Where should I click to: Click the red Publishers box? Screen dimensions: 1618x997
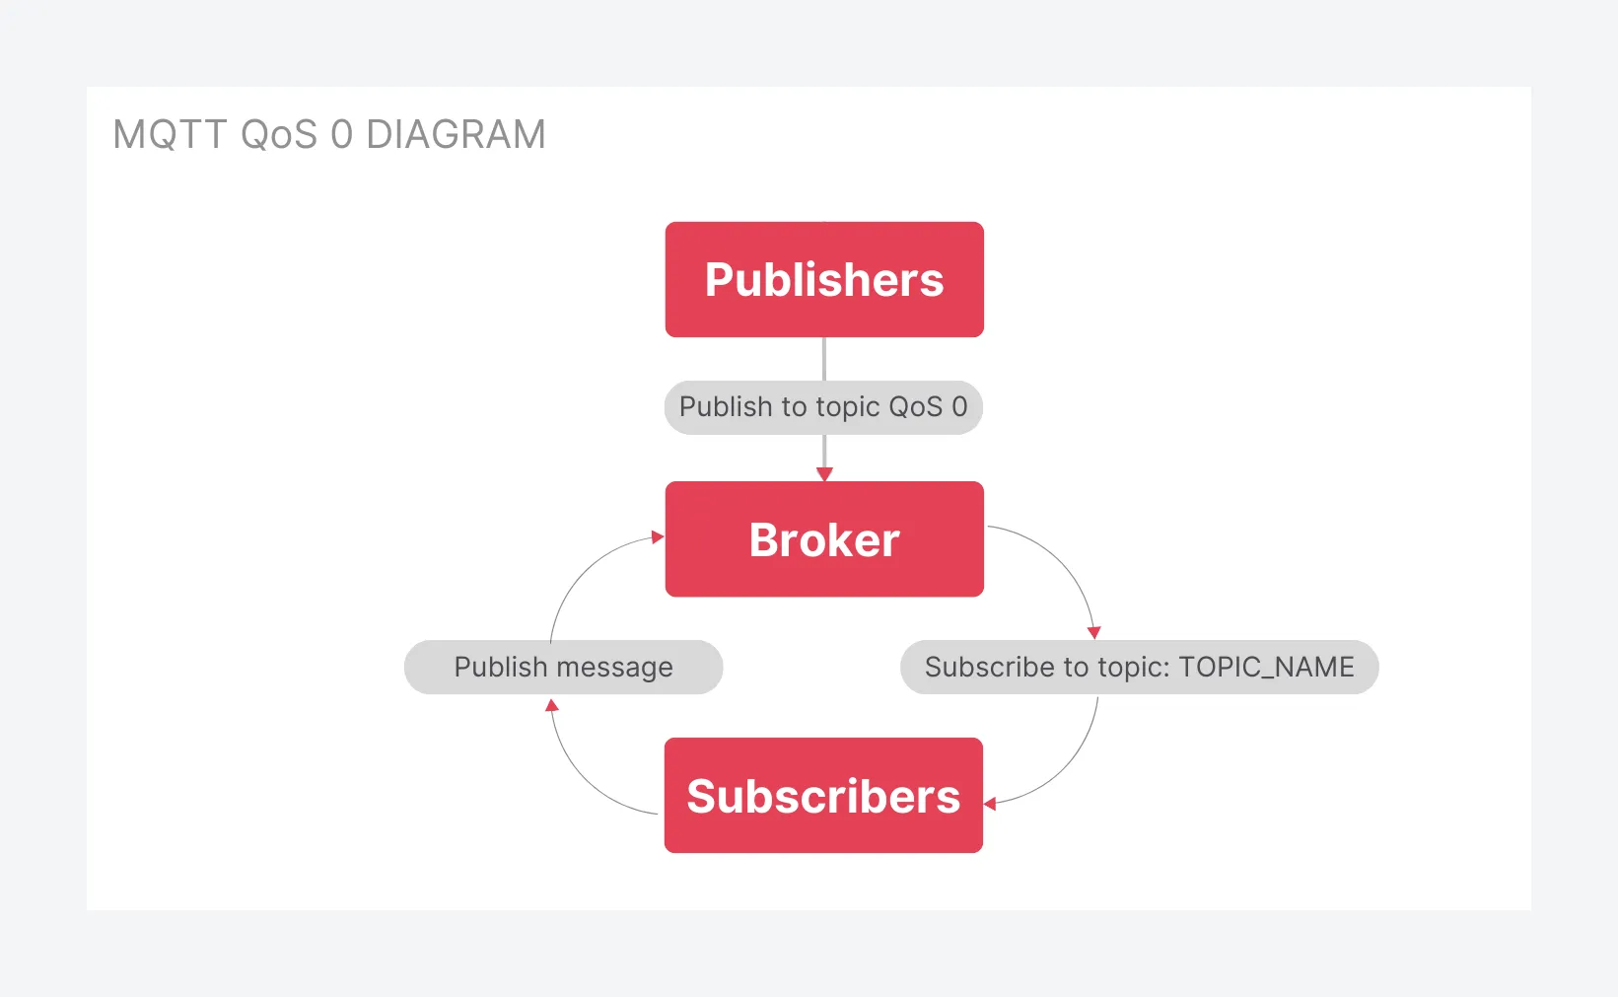tap(824, 280)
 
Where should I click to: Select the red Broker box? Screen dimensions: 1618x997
tap(824, 539)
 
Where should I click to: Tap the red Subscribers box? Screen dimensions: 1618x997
tap(823, 796)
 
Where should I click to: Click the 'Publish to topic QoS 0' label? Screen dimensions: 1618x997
tap(823, 407)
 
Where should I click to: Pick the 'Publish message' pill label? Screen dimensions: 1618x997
tap(563, 667)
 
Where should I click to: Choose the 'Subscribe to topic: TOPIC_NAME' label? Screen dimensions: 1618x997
tap(1139, 667)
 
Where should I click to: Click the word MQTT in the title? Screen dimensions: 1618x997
tap(170, 134)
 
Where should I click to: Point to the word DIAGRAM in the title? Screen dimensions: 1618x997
tap(456, 134)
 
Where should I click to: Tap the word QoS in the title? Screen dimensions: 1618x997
tap(279, 134)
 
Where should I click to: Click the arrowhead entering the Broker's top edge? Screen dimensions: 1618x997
tap(824, 474)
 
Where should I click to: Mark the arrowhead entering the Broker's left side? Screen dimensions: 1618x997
tap(658, 536)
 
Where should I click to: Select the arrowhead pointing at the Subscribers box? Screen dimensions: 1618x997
tap(990, 804)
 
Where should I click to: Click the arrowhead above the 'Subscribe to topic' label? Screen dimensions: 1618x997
tap(1094, 633)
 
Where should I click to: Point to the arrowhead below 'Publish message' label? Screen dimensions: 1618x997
tap(552, 705)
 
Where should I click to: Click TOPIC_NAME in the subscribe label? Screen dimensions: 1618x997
tap(1266, 668)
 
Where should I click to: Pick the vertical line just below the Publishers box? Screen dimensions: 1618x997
tap(824, 359)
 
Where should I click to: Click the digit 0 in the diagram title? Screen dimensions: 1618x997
tap(342, 134)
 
